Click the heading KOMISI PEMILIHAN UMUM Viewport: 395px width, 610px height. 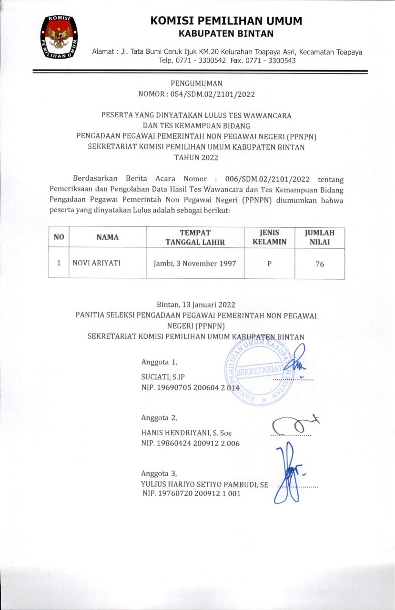[x=226, y=21]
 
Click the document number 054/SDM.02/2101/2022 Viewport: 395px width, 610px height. [x=217, y=94]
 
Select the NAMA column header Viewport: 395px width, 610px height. [x=107, y=237]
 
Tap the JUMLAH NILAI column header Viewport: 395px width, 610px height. [x=320, y=237]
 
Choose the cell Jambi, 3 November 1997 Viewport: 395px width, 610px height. [x=195, y=263]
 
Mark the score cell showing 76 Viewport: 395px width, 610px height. [x=320, y=264]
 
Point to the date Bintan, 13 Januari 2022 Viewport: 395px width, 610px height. [x=196, y=304]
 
